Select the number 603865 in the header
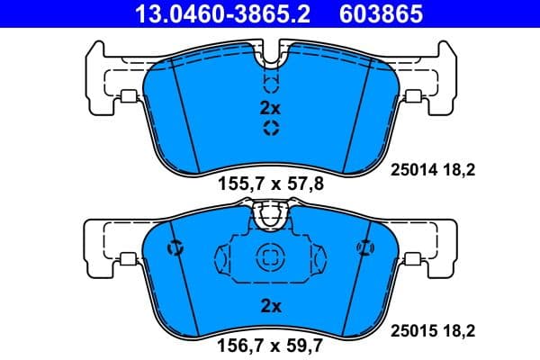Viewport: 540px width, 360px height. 382,14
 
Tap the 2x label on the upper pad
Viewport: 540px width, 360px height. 270,108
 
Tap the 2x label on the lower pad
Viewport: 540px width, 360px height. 270,306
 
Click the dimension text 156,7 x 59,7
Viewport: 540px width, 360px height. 270,344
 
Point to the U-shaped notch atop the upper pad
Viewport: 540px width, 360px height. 270,61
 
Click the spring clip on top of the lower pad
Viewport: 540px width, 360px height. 270,216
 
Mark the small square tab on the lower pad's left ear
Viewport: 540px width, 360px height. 127,261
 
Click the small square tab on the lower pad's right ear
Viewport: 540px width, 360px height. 413,261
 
